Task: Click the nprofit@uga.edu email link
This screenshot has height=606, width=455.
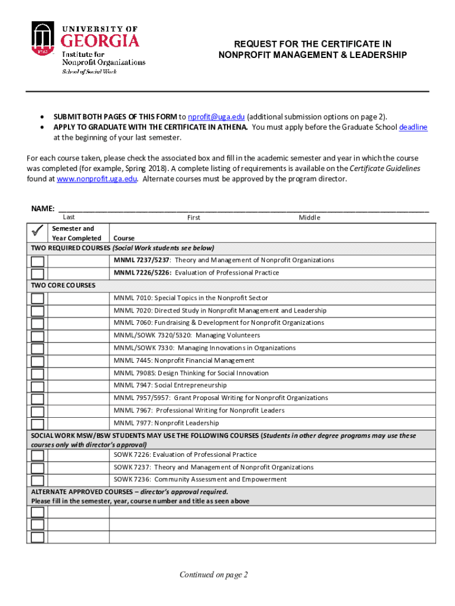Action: (x=216, y=117)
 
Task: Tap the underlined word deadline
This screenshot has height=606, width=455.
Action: (x=413, y=127)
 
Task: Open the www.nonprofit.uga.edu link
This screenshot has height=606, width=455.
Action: (x=97, y=179)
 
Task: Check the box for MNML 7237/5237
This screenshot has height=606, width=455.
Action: (x=37, y=261)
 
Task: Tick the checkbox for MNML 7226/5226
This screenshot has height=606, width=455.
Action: (x=37, y=273)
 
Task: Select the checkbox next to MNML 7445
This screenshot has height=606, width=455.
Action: (x=37, y=361)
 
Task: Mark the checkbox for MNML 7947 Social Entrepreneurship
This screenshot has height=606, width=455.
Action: (x=37, y=386)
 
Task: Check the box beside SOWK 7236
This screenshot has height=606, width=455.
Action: (x=37, y=480)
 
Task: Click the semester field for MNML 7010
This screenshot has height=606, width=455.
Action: (x=78, y=298)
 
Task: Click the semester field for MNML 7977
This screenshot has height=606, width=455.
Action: (x=78, y=423)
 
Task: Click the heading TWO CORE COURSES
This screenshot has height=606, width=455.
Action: (x=63, y=285)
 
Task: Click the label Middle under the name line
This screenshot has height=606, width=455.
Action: (x=309, y=217)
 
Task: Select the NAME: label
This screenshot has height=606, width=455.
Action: (x=43, y=208)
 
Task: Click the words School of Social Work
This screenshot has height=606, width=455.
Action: (x=90, y=72)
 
